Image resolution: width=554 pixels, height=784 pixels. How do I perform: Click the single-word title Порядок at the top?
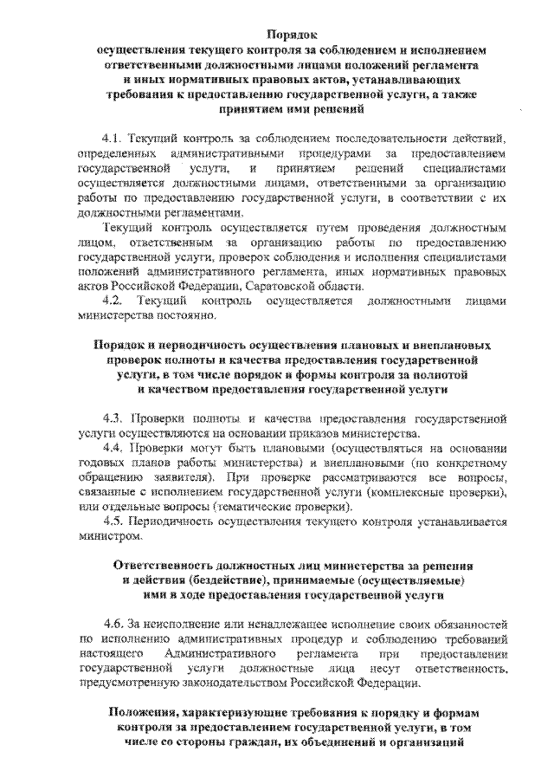pyautogui.click(x=293, y=35)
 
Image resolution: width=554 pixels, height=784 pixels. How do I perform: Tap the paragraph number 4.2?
pyautogui.click(x=113, y=299)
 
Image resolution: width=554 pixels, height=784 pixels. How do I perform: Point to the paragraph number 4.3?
pyautogui.click(x=113, y=418)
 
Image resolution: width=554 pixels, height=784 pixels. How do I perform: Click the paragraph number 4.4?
pyautogui.click(x=113, y=448)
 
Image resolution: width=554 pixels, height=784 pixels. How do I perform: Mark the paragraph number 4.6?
pyautogui.click(x=113, y=624)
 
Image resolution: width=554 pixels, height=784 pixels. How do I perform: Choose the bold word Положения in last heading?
pyautogui.click(x=148, y=713)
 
